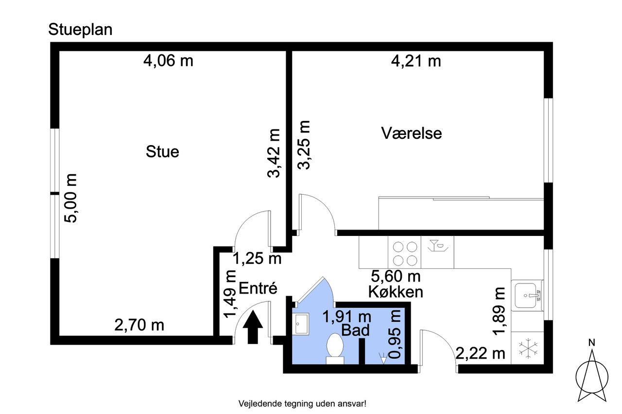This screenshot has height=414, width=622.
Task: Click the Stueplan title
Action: [x=80, y=30]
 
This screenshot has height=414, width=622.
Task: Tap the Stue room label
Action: [x=162, y=152]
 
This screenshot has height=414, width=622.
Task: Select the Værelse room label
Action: [x=411, y=133]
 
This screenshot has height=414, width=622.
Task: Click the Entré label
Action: [x=258, y=288]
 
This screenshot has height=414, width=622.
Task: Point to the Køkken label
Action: [x=396, y=292]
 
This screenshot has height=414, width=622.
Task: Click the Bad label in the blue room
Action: [x=355, y=330]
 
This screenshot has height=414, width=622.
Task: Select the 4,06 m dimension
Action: [x=168, y=61]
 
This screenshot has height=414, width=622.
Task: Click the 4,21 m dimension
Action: [x=416, y=61]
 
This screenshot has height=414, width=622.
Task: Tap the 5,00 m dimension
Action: [x=70, y=198]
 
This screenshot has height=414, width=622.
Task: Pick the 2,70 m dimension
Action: [x=139, y=325]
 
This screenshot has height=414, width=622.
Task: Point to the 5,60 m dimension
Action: [x=396, y=276]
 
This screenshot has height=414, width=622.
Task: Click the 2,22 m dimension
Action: [x=481, y=353]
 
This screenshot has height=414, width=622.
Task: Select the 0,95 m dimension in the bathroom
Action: [x=395, y=334]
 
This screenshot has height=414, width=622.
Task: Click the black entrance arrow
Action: [x=253, y=327]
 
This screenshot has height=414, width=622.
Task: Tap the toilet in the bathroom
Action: [x=335, y=348]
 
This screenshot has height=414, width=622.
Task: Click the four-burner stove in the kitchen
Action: [x=405, y=253]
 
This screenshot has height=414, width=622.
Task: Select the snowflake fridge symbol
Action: [x=528, y=348]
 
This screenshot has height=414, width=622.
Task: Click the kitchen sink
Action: [x=527, y=296]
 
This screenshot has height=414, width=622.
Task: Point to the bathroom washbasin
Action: [x=301, y=324]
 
